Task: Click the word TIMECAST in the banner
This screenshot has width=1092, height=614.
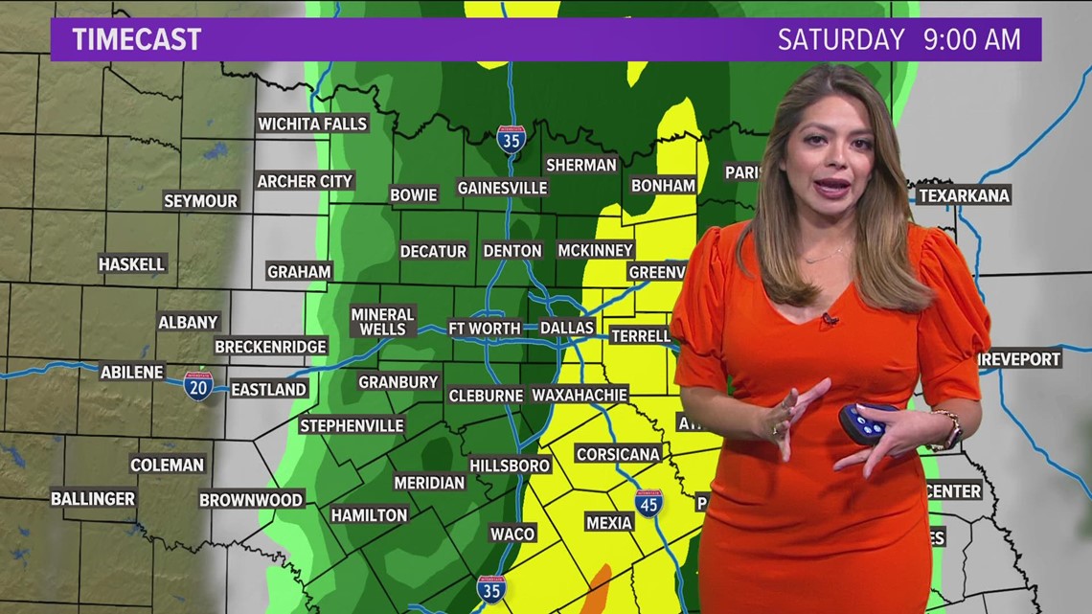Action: (136, 39)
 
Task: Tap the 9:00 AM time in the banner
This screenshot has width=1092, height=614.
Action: (969, 39)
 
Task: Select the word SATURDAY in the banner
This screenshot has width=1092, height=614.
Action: (840, 39)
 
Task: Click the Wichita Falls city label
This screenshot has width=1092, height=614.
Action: (312, 124)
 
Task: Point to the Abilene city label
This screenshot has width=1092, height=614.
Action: (132, 372)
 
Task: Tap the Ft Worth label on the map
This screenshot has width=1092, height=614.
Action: (485, 328)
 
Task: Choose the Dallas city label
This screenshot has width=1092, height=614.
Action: (567, 328)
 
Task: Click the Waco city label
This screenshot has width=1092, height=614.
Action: (512, 533)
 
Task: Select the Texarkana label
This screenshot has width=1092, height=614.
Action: (964, 195)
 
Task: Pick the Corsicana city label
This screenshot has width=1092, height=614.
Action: (618, 454)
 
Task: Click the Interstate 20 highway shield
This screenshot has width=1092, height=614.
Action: (198, 385)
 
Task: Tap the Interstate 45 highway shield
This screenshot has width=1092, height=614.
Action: (648, 503)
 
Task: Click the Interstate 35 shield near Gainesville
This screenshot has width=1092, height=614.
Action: (511, 139)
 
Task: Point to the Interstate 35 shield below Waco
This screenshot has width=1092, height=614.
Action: (489, 589)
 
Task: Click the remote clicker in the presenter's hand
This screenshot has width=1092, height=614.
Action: (865, 422)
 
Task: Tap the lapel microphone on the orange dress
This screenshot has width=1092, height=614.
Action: (829, 318)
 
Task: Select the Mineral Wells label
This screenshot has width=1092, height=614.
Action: (382, 322)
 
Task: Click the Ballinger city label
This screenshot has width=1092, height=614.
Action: (93, 498)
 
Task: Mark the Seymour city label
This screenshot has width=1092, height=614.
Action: (200, 201)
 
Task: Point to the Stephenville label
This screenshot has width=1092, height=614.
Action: (352, 425)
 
